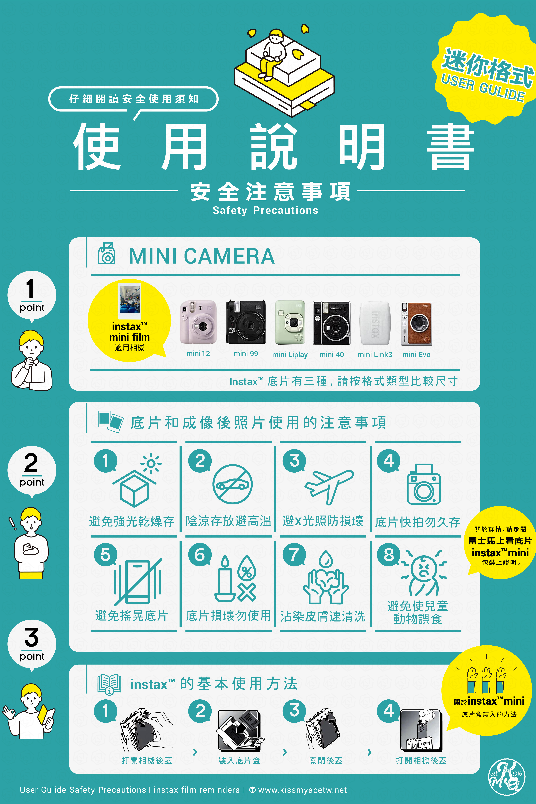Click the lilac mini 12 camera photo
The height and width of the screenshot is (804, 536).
click(x=198, y=322)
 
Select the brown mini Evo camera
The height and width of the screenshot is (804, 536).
click(x=416, y=323)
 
